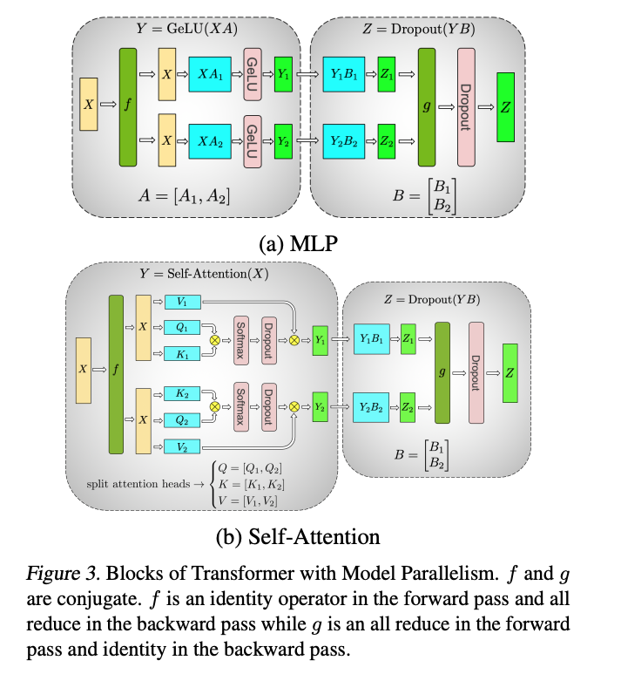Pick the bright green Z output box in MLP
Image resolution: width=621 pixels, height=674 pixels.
506,106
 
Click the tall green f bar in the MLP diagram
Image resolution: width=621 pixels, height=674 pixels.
129,106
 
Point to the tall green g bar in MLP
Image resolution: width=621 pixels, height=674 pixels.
427,106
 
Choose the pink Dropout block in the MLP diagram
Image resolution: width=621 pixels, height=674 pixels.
466,106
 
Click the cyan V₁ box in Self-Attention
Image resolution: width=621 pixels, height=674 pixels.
181,302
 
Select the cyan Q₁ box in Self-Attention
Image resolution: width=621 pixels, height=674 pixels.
181,329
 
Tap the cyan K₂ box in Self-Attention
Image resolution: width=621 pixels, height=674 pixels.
181,394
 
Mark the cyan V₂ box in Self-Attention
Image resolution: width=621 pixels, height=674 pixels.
181,447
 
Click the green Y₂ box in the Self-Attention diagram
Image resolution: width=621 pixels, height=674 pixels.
321,406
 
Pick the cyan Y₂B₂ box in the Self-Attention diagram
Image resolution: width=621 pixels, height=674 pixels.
372,406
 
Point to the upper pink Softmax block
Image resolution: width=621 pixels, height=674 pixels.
241,341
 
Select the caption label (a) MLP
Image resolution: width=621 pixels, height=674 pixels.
299,243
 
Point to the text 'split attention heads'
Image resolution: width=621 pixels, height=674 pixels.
137,483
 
